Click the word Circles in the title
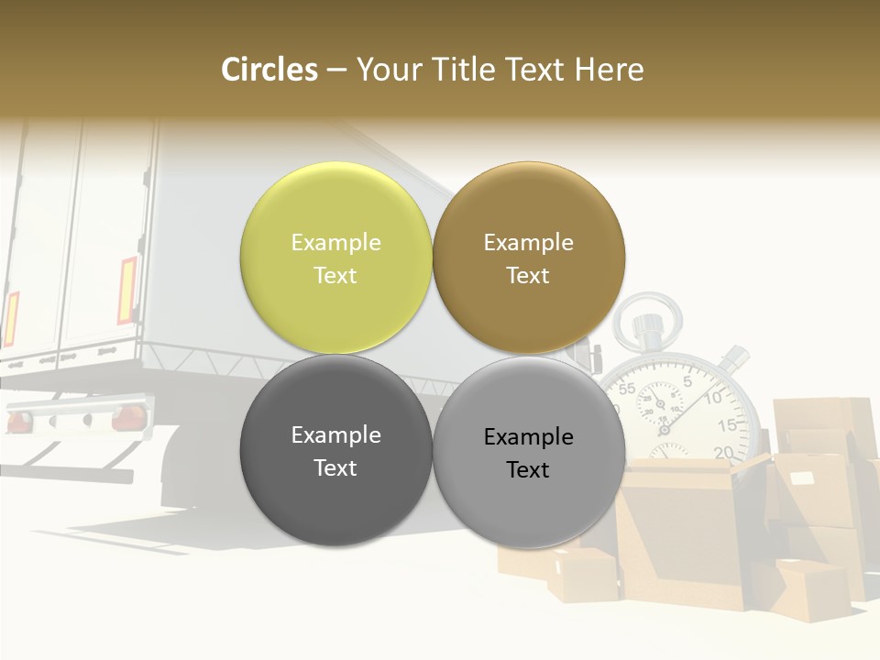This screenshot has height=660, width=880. point(269,70)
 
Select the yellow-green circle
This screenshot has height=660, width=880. point(335,258)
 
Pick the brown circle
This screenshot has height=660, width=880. point(528,258)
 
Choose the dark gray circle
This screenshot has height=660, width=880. point(335,450)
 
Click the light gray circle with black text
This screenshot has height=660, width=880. point(528,452)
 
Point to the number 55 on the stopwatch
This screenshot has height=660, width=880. point(627,389)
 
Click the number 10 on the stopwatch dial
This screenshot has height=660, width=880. point(713,397)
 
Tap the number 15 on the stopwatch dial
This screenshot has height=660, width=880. point(726,425)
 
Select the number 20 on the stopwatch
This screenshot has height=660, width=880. point(723,451)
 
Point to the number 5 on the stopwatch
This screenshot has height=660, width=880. point(687,381)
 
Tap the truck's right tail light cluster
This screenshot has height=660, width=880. point(127,418)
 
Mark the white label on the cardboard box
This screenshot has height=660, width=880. point(802,478)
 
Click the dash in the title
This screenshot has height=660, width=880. point(336,70)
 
